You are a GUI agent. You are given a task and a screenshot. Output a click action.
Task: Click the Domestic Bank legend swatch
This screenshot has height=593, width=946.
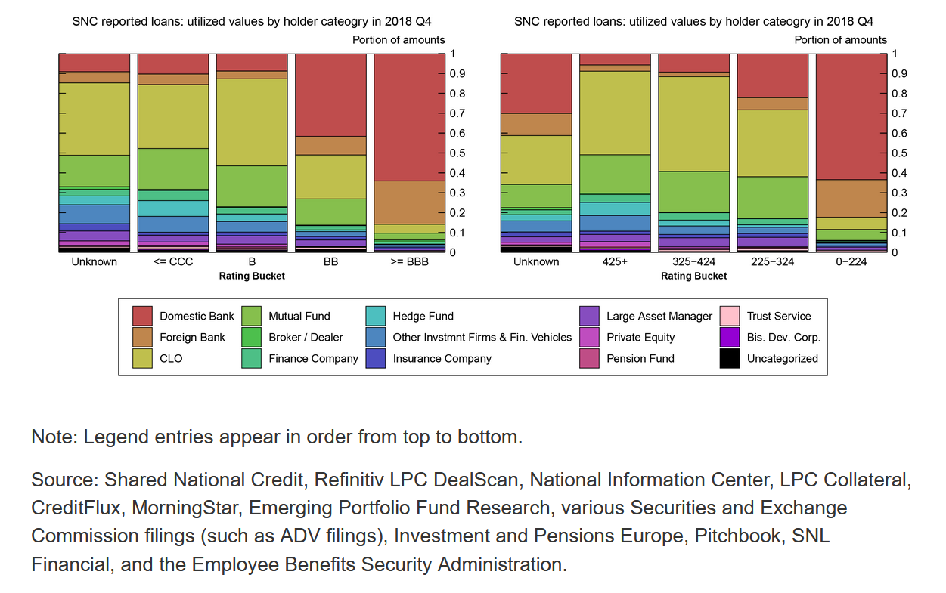[142, 316]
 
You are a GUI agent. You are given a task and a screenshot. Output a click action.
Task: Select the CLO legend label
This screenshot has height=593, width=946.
[171, 359]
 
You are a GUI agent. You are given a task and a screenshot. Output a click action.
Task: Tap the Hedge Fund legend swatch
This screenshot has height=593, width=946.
[375, 316]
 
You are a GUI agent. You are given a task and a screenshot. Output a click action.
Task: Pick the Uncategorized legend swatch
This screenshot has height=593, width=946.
[730, 359]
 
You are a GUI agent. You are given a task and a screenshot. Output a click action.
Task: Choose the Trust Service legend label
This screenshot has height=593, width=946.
[779, 316]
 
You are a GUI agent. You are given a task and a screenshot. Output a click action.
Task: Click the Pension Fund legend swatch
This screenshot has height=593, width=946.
[589, 359]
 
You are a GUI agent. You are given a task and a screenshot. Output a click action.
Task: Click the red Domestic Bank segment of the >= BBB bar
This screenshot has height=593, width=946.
[410, 117]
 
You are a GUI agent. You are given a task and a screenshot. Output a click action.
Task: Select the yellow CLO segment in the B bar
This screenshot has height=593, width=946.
[252, 122]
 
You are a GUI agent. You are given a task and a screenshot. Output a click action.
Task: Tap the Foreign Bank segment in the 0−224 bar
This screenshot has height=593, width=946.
[851, 199]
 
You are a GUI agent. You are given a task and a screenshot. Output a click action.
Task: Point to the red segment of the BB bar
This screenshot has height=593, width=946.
[330, 95]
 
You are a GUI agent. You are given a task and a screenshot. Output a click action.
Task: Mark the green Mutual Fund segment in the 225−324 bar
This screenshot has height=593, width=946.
[773, 197]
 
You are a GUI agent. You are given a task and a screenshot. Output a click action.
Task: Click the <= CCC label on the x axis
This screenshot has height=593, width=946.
[173, 262]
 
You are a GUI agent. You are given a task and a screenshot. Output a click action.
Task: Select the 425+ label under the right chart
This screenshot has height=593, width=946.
[615, 262]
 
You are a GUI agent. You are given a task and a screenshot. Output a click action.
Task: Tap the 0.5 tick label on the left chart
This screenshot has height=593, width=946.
[457, 153]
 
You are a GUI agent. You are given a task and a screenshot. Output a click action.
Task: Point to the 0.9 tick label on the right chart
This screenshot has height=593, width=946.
[900, 74]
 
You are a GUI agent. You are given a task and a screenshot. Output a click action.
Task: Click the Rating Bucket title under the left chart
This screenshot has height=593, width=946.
[252, 276]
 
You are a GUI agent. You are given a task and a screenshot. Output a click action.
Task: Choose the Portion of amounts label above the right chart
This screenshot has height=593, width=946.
[840, 40]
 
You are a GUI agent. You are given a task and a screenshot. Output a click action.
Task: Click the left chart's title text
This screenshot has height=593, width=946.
[252, 21]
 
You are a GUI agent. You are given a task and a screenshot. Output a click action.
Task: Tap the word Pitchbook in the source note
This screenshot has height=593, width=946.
[737, 536]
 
